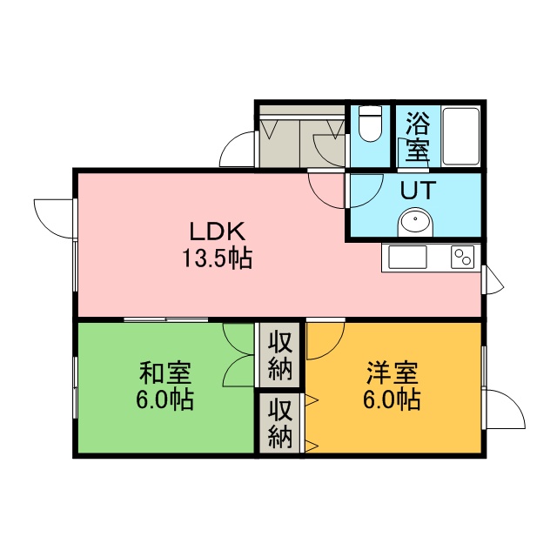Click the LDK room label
point(218,231)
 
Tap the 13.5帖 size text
point(218,258)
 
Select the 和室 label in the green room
point(165,373)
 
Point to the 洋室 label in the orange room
point(393,373)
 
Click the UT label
point(418,191)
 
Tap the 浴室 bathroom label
point(418,136)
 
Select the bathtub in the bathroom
point(460,136)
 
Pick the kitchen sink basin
point(407,258)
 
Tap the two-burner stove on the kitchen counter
point(462,258)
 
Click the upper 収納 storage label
point(280,355)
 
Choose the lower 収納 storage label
point(280,422)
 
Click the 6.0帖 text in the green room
point(164,400)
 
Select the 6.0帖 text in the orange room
point(392,400)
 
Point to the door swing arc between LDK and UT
point(372,198)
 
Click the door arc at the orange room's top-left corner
point(335,349)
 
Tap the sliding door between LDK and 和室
point(166,319)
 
